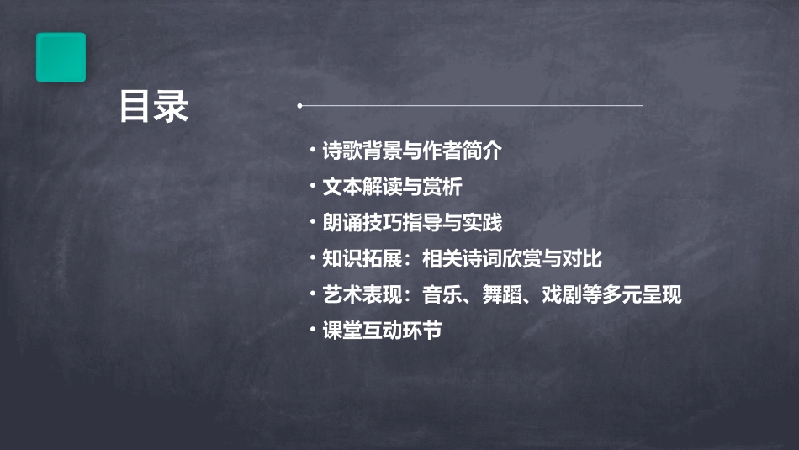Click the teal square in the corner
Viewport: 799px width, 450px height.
(61, 57)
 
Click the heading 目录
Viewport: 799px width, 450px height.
(154, 107)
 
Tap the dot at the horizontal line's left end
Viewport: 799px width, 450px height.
(299, 106)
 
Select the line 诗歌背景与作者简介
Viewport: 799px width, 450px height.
(412, 151)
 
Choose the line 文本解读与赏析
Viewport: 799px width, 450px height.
(392, 187)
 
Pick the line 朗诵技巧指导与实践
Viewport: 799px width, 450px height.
(412, 223)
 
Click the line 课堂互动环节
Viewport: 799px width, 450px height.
(382, 331)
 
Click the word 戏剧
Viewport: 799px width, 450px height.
(564, 295)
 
